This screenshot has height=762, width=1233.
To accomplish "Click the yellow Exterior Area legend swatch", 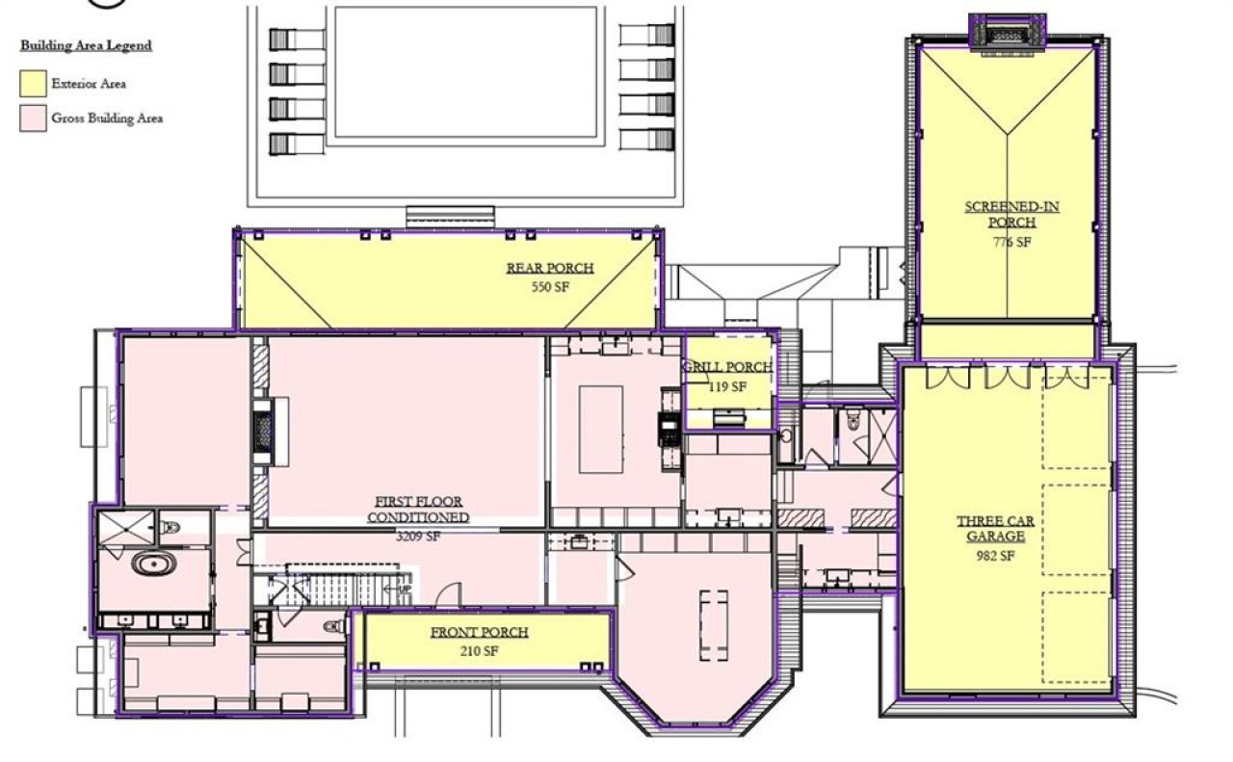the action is pos(33,84).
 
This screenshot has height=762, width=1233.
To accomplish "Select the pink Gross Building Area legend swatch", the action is pos(33,118).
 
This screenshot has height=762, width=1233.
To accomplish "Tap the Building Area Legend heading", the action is pos(86,45).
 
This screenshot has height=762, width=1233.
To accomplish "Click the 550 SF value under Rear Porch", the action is pos(550,287).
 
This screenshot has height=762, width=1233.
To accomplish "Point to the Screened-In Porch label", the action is pos(1011,214).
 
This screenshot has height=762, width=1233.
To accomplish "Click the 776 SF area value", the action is pos(1012,242).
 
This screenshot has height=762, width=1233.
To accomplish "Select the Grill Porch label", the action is pos(727,367).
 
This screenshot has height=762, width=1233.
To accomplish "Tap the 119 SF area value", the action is pos(727,386).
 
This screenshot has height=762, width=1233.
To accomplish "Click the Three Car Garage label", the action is pos(995,529).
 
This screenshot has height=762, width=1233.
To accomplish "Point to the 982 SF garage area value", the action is pos(995,556).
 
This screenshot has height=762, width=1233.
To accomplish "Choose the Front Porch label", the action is pos(480,632).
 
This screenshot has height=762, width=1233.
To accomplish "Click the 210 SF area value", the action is pos(480,651).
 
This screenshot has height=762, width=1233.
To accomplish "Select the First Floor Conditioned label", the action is pos(418,510).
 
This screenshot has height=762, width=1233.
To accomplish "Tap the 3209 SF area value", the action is pos(418,536).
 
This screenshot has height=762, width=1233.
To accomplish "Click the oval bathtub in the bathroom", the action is pos(154,565).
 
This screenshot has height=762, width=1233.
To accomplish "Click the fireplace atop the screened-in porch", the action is pos(1007,33).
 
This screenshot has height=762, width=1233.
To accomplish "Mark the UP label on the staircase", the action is pos(405,590).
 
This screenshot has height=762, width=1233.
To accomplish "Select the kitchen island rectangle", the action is pos(601,430).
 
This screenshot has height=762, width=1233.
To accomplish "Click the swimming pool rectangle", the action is pos(465,72).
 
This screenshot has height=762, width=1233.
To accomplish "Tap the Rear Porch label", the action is pos(550,268).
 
